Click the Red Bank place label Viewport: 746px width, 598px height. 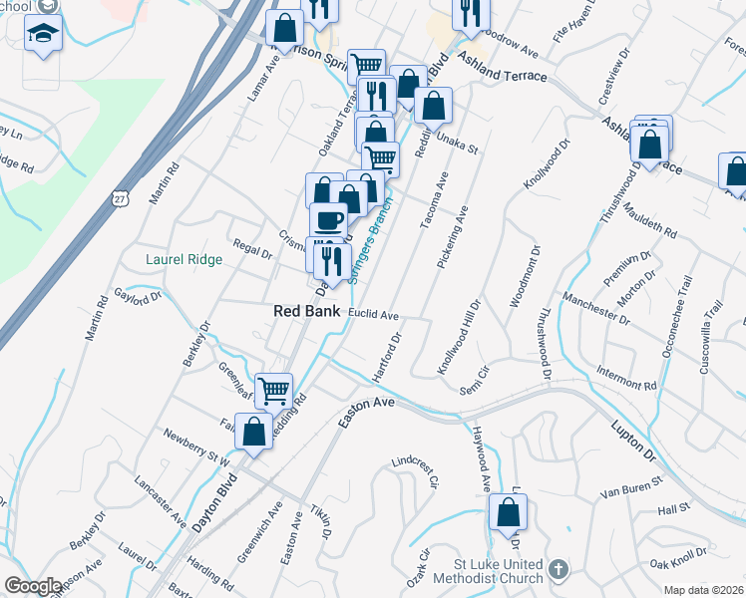[307, 312]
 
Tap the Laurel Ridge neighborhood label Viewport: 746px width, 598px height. [184, 259]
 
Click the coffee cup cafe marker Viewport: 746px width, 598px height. [328, 220]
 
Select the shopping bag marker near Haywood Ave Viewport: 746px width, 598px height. [509, 513]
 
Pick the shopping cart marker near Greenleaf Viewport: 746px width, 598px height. [273, 390]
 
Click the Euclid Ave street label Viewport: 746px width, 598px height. [374, 315]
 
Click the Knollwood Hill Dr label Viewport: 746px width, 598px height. [460, 336]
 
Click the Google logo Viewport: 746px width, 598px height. [32, 586]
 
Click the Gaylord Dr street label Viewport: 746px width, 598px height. [138, 298]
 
